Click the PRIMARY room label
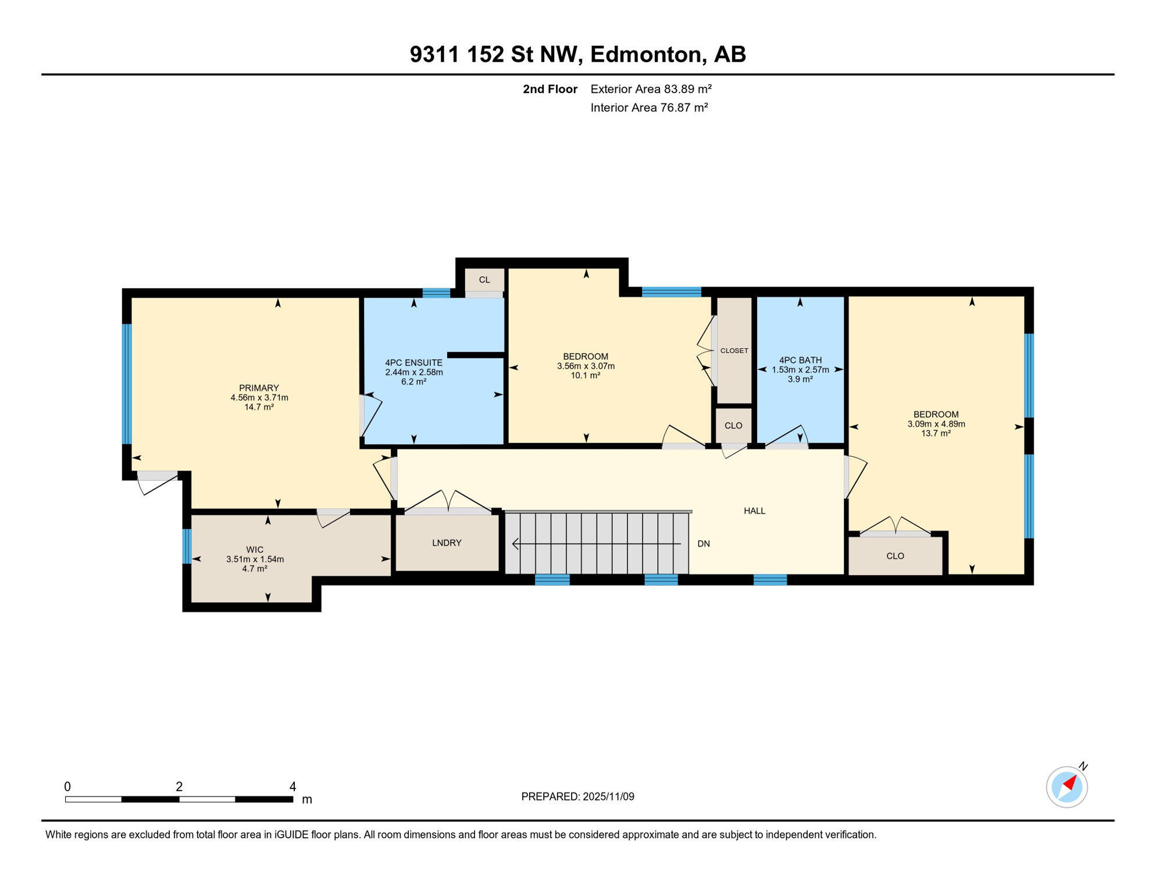259,388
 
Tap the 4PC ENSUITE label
413,363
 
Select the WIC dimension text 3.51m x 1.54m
255,559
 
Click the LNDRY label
447,543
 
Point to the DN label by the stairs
704,544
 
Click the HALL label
754,511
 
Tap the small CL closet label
484,280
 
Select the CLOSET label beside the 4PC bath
734,351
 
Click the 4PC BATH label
800,360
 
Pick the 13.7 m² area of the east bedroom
936,434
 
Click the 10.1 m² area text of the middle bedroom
585,376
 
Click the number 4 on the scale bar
292,787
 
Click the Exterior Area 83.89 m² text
651,89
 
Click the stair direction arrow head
515,544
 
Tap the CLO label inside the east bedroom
895,556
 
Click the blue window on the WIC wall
187,546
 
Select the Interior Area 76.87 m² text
649,108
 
